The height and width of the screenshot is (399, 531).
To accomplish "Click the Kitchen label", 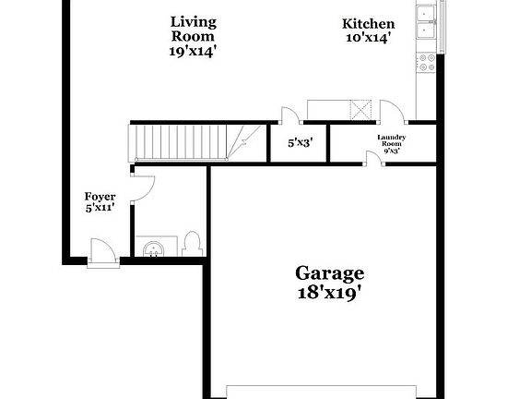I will pos(369,24).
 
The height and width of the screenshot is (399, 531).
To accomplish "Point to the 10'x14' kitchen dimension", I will pos(369,38).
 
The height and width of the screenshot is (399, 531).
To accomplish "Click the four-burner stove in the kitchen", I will pos(427,62).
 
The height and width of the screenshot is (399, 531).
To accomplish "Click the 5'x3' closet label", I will pos(301,142).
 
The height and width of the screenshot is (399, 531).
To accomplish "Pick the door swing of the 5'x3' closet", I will pos(289,115).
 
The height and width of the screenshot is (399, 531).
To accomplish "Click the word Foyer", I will pos(100,197).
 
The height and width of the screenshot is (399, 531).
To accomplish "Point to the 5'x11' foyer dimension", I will pos(100,209).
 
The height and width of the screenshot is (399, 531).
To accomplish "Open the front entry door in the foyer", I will pos(101,250).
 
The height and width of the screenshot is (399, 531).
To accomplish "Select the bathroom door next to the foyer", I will pos(140,188).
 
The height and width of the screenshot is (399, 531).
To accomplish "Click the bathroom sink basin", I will pos(153,248).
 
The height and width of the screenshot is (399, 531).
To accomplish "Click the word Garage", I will pos(329,273).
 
